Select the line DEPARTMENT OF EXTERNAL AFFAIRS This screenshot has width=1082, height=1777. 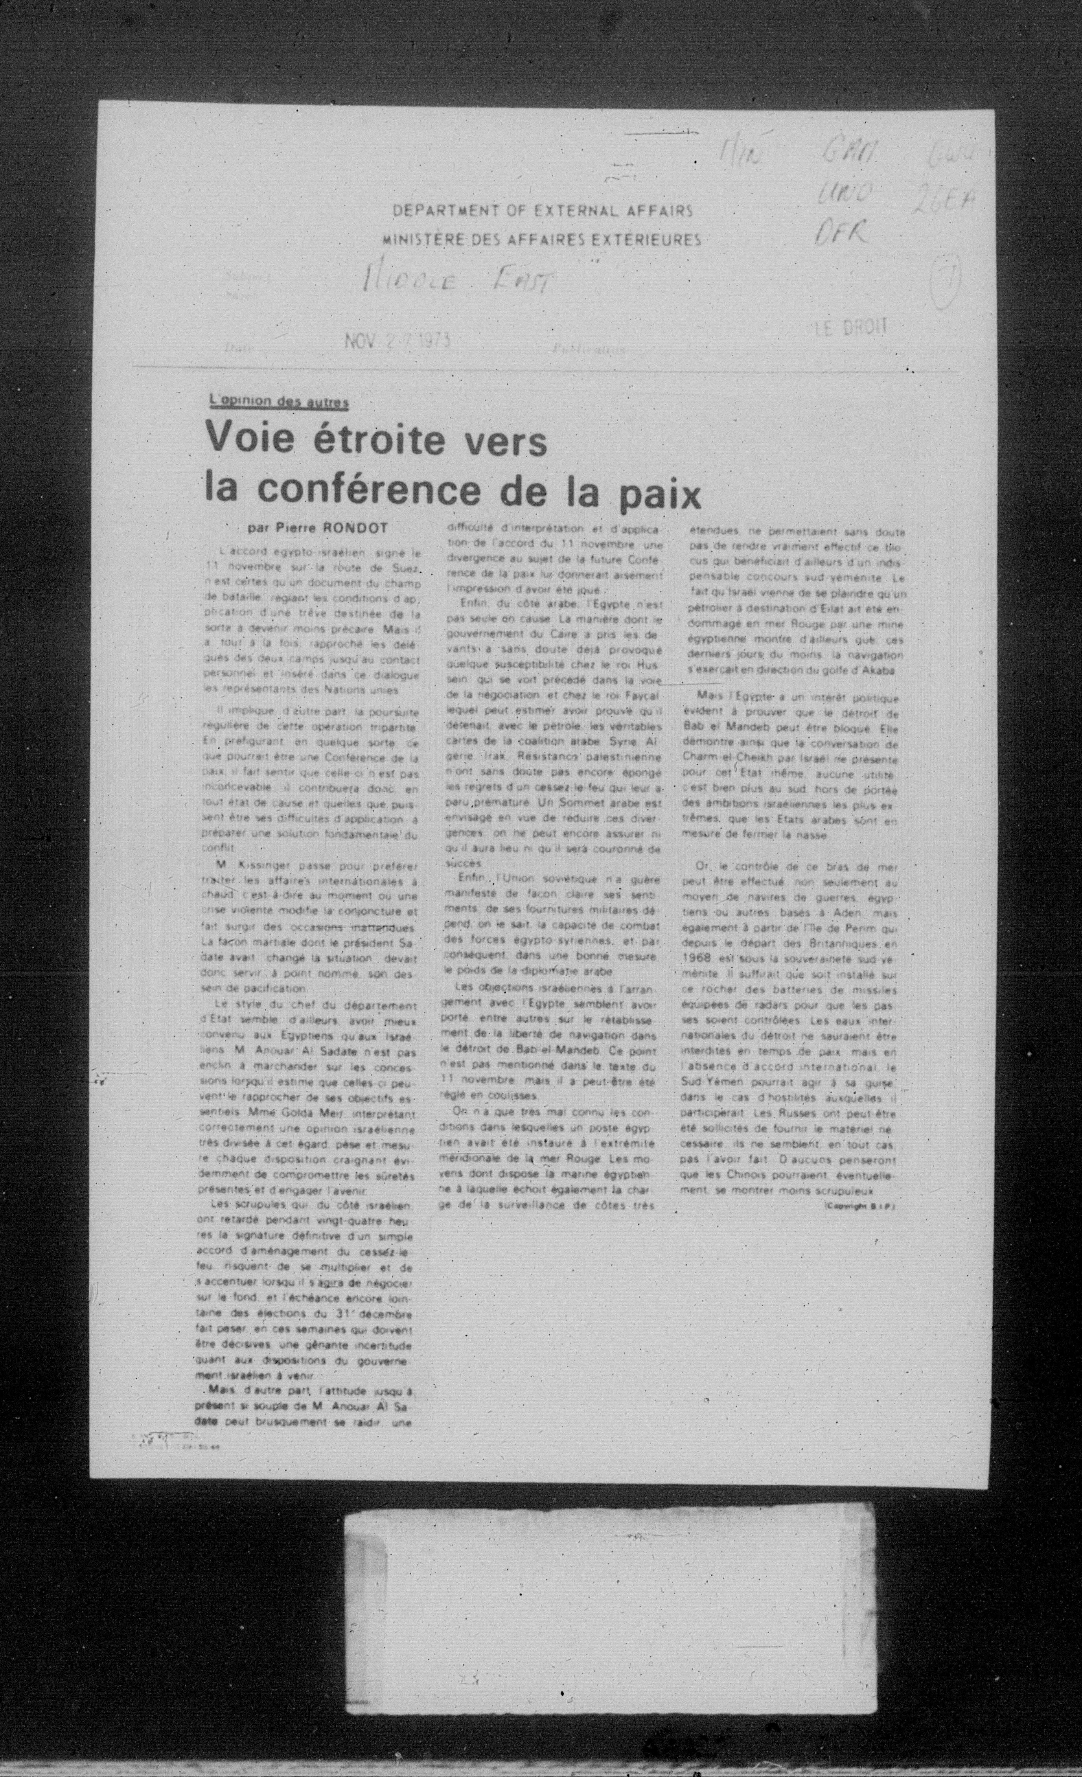click(543, 211)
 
